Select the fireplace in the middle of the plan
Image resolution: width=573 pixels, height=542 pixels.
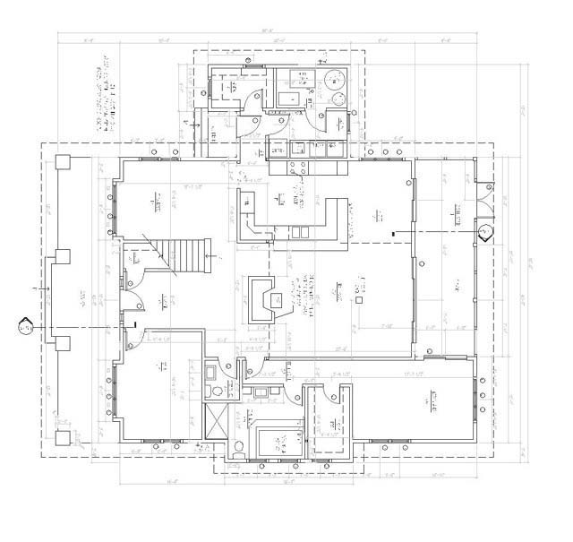[263, 297]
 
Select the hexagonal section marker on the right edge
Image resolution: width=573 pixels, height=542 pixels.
[486, 231]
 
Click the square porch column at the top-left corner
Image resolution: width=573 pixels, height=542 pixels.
[63, 163]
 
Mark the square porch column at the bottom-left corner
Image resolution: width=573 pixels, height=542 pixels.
[63, 438]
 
